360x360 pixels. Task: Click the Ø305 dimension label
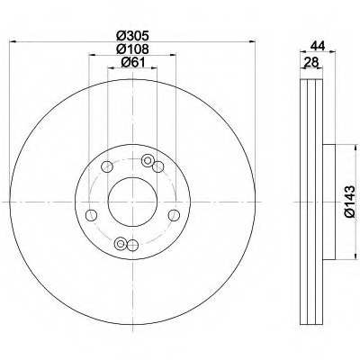[x=132, y=36]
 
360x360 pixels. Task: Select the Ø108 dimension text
[x=132, y=49]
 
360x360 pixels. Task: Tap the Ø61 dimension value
[x=132, y=62]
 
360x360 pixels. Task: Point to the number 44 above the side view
[x=318, y=46]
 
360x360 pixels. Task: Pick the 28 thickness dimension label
[x=311, y=62]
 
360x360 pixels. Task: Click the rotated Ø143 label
[x=350, y=202]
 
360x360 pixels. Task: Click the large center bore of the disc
[x=132, y=202]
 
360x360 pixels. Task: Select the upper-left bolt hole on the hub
[x=107, y=166]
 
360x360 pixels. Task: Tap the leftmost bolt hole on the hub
[x=91, y=215]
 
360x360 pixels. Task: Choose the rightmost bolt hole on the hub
[x=174, y=215]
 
